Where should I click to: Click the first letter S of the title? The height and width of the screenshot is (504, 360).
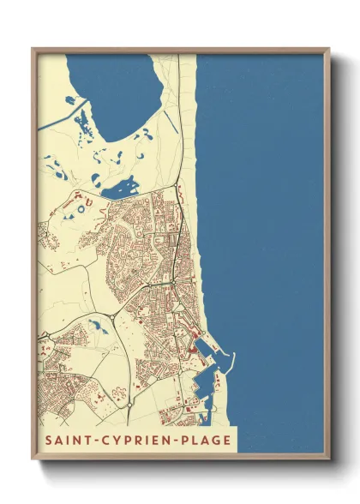tap(44, 441)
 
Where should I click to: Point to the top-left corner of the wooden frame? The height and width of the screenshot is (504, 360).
tap(33, 49)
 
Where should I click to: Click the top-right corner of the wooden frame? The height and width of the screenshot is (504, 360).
tap(329, 49)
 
